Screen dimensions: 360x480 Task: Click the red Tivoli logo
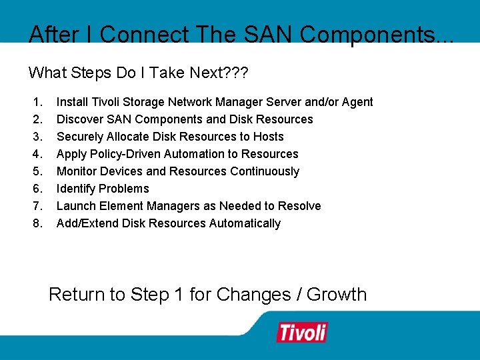[x=302, y=332]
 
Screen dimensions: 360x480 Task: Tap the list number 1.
[x=37, y=102]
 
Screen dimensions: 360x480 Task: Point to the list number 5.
[x=37, y=171]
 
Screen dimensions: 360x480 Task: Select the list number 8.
[x=37, y=223]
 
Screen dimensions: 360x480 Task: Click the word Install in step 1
[x=70, y=102]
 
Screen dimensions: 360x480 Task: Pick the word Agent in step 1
[x=358, y=102]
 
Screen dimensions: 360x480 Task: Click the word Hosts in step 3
[x=268, y=137]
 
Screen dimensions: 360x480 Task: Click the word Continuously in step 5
[x=265, y=171]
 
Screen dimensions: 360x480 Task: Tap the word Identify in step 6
[x=75, y=189]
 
